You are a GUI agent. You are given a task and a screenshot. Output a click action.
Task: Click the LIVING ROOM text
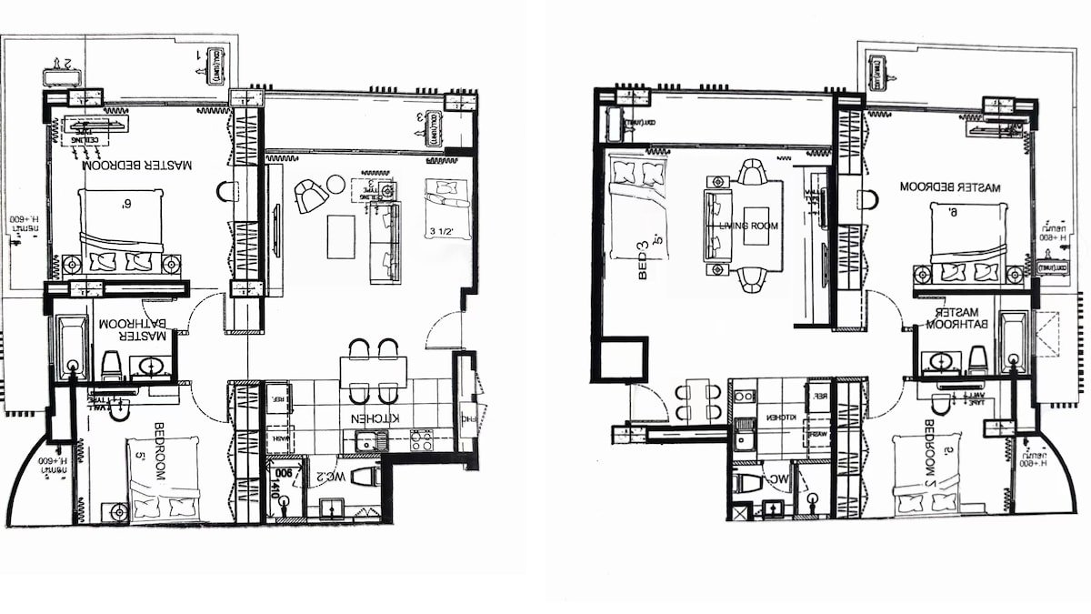click(x=745, y=226)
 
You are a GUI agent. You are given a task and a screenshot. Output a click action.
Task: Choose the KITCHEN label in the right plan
click(x=781, y=417)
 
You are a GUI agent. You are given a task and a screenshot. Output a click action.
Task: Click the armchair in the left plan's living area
click(x=310, y=196)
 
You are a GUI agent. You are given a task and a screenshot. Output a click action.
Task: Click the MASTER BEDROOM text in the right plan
click(x=949, y=187)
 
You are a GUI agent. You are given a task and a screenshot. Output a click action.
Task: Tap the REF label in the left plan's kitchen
click(x=276, y=398)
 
